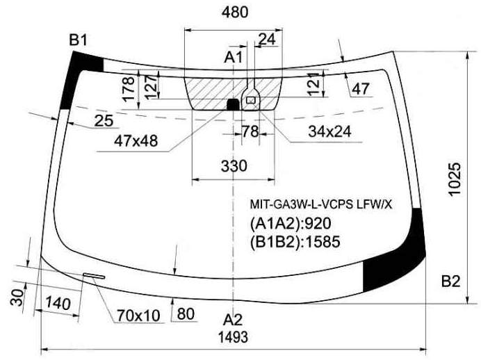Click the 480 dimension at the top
235,13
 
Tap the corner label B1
79,40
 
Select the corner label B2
450,281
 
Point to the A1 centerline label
234,58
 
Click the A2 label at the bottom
233,320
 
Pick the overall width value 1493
233,337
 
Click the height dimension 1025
455,179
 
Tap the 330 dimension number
234,166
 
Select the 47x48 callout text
136,141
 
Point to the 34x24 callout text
329,131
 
